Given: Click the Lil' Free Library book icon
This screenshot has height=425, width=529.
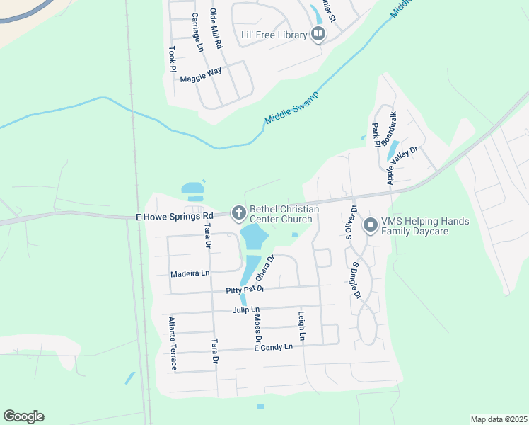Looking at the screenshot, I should (318, 34).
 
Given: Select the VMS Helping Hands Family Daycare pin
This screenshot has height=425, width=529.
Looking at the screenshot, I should (369, 226).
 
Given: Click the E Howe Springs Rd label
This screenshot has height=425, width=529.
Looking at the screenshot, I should (175, 216).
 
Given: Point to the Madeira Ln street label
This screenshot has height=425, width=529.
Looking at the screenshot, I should (190, 273).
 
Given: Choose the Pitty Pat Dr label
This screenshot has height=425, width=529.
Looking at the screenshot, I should (245, 290).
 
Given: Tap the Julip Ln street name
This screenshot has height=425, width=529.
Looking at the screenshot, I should (246, 310).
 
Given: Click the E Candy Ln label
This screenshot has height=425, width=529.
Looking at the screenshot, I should (273, 347).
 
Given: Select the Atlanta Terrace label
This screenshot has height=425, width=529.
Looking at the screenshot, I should (172, 344).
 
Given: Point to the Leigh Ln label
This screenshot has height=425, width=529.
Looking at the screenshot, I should (301, 327).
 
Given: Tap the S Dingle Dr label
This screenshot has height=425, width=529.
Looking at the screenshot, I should (356, 280).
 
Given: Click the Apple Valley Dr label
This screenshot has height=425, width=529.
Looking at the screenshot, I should (402, 166).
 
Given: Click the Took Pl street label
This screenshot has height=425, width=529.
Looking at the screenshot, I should (172, 58).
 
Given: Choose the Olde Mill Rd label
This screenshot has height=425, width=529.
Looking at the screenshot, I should (216, 28).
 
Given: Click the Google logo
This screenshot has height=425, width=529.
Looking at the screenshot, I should (23, 416).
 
